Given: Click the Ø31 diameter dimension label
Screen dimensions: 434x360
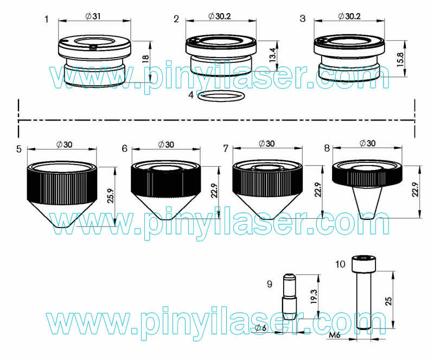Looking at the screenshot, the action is pyautogui.click(x=93, y=16).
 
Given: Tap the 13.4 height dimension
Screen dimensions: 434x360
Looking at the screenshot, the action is pyautogui.click(x=273, y=55).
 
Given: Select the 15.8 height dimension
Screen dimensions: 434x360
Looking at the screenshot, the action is pyautogui.click(x=400, y=59).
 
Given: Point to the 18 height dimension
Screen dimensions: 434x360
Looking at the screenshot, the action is pyautogui.click(x=145, y=59).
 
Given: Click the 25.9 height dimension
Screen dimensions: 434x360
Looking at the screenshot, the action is pyautogui.click(x=111, y=196).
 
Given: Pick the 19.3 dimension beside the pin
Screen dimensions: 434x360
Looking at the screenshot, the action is pyautogui.click(x=314, y=296).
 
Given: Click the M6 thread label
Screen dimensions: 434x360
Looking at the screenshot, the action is pyautogui.click(x=334, y=335).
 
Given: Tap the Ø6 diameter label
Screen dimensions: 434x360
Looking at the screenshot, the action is pyautogui.click(x=260, y=328).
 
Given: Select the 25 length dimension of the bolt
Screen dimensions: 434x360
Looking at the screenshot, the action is pyautogui.click(x=388, y=301).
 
